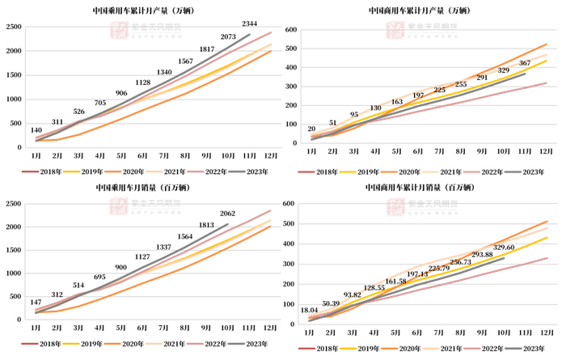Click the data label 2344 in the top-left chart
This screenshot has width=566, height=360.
(251, 23)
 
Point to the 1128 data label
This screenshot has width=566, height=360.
(143, 83)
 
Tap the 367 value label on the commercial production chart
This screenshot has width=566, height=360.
(525, 62)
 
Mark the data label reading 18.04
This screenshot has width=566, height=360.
(310, 310)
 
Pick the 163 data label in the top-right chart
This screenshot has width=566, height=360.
(396, 102)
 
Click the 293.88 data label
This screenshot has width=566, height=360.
(483, 254)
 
